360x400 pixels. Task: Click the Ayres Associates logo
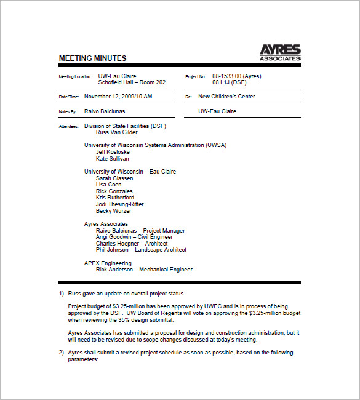(279, 52)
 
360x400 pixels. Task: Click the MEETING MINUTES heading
(92, 58)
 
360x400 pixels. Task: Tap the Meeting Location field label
(75, 77)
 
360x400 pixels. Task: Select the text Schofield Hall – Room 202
(132, 82)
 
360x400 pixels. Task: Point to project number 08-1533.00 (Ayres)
(237, 76)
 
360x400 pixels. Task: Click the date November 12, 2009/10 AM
(118, 97)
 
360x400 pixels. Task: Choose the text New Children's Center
(226, 97)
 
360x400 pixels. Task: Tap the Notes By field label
(68, 112)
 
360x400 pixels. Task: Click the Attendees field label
(68, 126)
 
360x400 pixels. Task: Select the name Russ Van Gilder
(117, 132)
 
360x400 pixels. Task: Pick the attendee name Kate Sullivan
(113, 159)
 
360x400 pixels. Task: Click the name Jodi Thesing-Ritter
(120, 204)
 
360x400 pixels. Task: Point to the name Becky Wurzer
(114, 211)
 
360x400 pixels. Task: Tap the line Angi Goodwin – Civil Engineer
(134, 237)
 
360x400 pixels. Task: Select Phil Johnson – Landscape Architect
(141, 250)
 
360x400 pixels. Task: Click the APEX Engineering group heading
(108, 263)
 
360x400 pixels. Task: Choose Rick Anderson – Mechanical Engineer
(144, 270)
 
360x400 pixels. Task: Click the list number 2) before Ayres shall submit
(61, 353)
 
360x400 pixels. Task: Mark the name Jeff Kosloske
(113, 152)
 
